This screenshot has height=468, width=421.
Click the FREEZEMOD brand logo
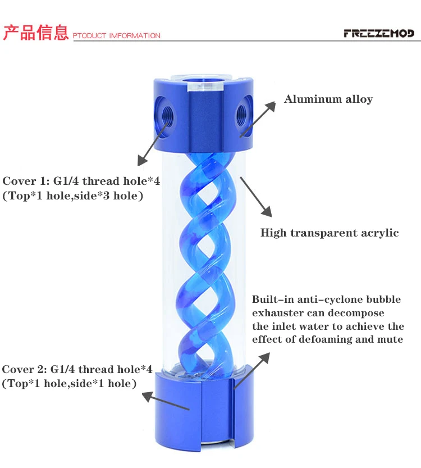coord(378,34)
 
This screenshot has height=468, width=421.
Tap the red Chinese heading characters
coord(36,33)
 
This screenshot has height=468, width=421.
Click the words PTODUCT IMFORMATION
coord(117,36)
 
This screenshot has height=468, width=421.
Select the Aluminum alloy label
coord(328,99)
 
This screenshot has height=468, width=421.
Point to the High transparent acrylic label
coord(330,233)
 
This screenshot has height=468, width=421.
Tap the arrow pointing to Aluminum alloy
coord(259,118)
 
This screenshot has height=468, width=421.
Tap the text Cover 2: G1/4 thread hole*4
coord(77,370)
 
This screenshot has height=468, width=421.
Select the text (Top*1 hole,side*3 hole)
coord(73,196)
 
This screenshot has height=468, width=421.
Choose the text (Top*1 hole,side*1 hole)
coord(69,384)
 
